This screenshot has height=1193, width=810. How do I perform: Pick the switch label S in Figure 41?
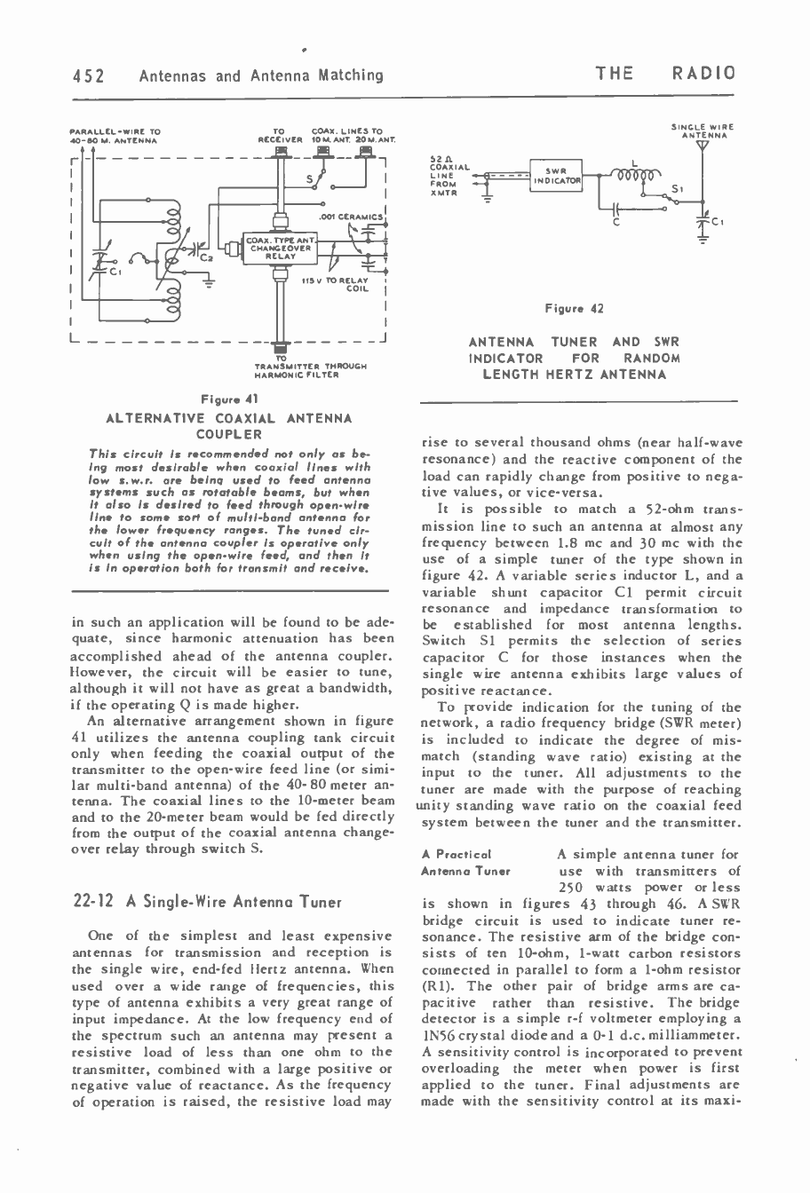coord(307,179)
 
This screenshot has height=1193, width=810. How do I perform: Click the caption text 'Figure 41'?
coord(229,400)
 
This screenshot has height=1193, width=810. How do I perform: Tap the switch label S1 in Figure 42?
coord(676,188)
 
